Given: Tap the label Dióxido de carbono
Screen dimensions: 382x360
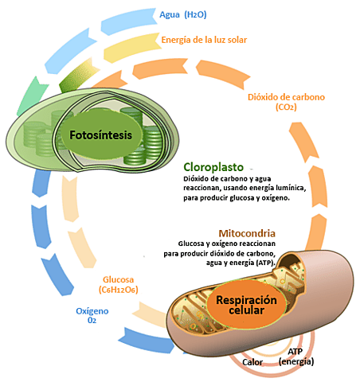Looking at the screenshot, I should click(287, 96).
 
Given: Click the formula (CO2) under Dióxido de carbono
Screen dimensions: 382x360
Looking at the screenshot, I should click(286, 107).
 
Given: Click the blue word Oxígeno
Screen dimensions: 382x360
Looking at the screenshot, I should click(92, 310).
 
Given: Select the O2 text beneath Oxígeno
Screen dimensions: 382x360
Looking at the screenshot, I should click(92, 321).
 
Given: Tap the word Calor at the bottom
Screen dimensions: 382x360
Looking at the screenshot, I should click(253, 362).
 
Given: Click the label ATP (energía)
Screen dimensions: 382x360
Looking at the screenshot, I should click(296, 356).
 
